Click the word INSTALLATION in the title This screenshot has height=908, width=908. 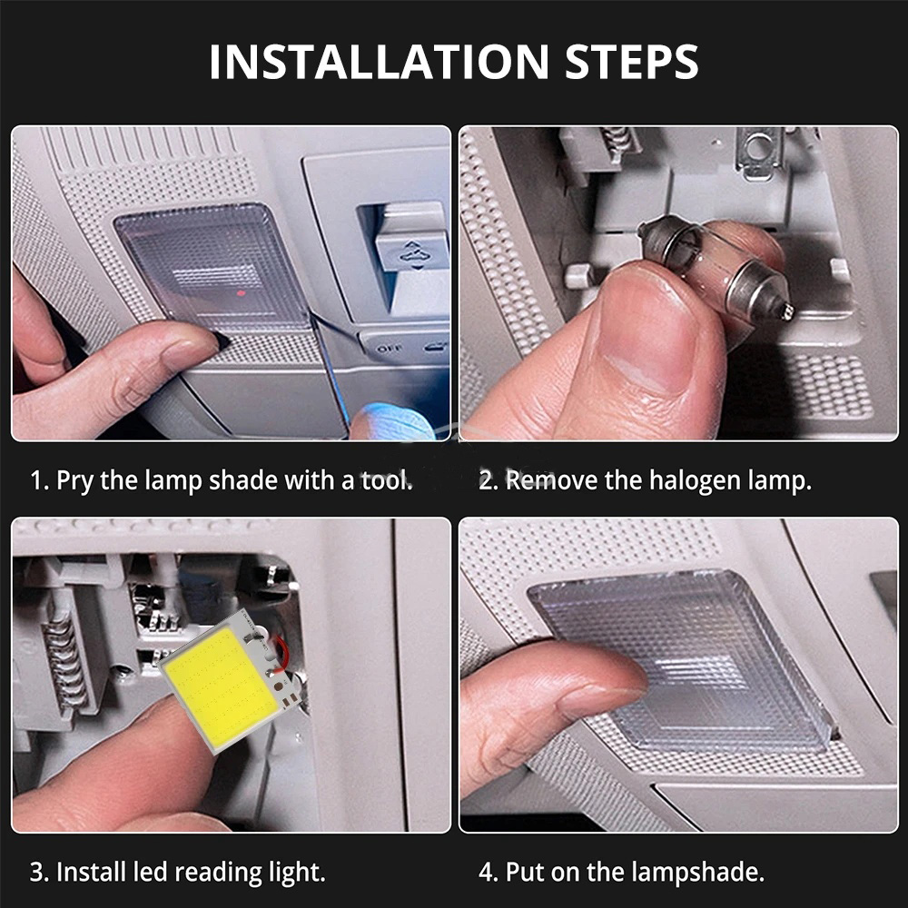379,62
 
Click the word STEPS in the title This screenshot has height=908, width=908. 632,62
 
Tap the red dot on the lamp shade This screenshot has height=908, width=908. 242,293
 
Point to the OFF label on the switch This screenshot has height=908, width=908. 389,349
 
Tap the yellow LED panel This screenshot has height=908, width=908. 220,684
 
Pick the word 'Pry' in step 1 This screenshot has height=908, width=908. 74,481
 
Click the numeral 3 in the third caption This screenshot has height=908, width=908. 36,872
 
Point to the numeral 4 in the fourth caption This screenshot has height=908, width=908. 485,872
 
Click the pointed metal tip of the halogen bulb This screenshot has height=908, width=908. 788,312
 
